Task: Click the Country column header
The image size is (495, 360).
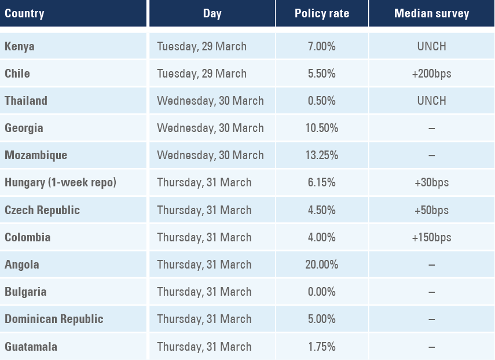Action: click(24, 13)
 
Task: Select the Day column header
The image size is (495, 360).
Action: click(212, 13)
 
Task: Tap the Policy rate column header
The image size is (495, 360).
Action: click(322, 13)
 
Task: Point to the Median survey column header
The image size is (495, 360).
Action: click(431, 13)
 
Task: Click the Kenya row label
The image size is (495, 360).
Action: click(20, 46)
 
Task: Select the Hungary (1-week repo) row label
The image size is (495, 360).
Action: click(61, 183)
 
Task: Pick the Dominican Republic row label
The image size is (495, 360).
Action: click(54, 319)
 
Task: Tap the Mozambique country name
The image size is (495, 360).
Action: click(36, 155)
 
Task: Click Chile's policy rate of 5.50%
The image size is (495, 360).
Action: click(322, 74)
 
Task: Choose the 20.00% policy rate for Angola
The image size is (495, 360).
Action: click(322, 265)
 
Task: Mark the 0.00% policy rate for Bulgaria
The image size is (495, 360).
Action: click(322, 292)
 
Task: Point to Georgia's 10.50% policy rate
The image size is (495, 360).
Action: click(322, 128)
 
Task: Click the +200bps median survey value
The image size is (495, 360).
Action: click(432, 74)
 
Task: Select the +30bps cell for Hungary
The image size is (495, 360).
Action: click(432, 183)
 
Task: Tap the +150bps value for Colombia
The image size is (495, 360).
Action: click(432, 237)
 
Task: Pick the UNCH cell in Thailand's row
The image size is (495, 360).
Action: click(432, 101)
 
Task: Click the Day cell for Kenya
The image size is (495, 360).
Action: click(201, 46)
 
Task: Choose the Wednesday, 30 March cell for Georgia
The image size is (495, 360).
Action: click(210, 128)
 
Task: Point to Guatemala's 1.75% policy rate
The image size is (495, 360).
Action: click(322, 347)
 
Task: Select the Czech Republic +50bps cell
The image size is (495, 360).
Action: click(432, 210)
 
